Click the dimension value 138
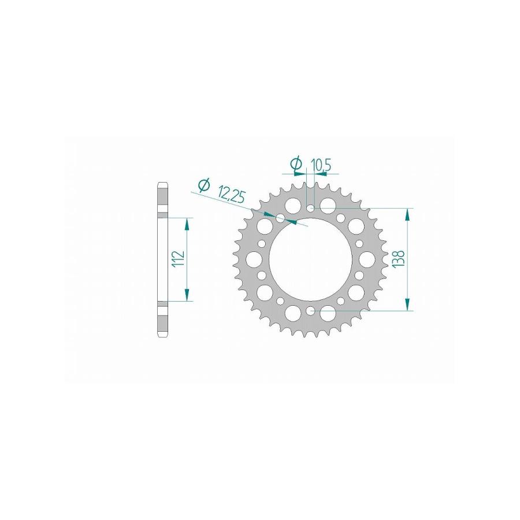tap(399, 259)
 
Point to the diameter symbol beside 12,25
tap(203, 185)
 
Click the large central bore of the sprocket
tap(310, 259)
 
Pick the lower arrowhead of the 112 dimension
tap(187, 295)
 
